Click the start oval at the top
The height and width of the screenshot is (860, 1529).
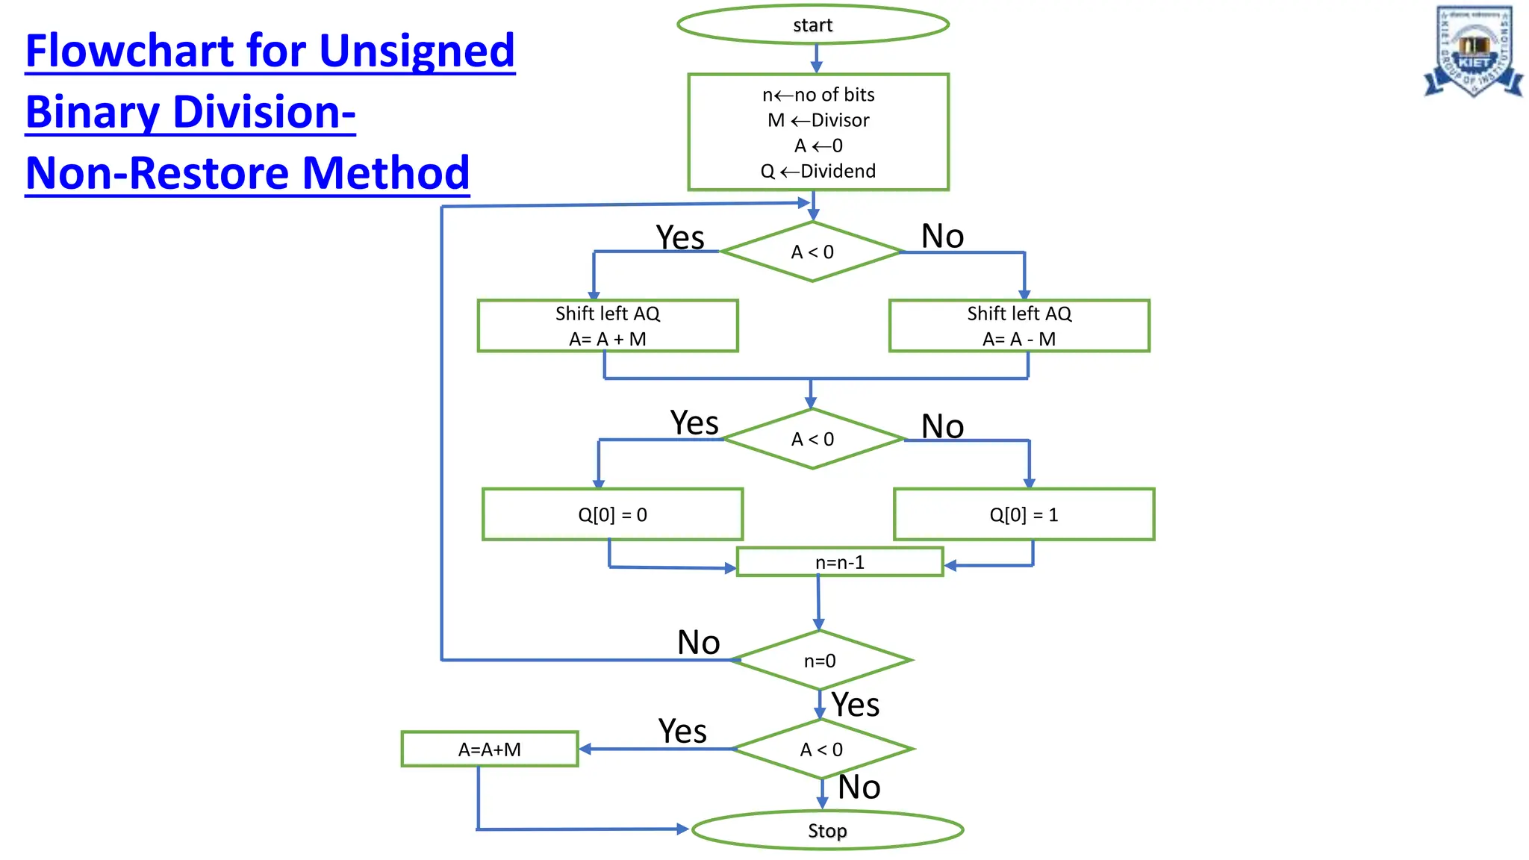[x=812, y=25]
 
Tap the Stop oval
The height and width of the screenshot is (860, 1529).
[x=827, y=830]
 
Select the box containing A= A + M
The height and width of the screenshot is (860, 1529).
[x=608, y=326]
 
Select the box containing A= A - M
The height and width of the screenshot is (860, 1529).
[x=1019, y=326]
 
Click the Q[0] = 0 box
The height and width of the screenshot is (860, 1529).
[x=612, y=514]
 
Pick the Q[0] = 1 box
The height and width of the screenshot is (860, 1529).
[x=1024, y=514]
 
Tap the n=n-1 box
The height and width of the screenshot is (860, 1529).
[x=840, y=562]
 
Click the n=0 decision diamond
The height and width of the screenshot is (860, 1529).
[x=820, y=661]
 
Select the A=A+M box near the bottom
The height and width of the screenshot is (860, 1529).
[x=490, y=749]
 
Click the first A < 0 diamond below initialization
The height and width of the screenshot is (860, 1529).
[x=812, y=252]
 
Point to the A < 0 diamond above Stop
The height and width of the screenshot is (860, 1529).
[x=821, y=749]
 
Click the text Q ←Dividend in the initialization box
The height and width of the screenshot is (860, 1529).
[x=818, y=171]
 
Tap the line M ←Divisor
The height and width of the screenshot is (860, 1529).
[x=818, y=120]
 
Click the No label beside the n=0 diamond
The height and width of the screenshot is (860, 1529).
[x=698, y=642]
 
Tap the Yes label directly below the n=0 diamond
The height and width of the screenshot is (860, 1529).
[x=856, y=705]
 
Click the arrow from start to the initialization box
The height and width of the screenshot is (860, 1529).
[x=816, y=58]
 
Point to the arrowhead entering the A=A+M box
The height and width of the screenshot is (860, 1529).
[x=585, y=749]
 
